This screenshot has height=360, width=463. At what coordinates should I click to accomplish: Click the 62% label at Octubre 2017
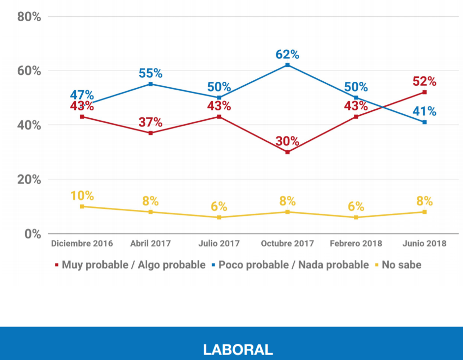coord(287,55)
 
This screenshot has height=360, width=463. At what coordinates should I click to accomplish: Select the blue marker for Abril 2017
coord(151,84)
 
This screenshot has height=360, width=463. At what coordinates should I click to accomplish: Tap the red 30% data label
coord(287,141)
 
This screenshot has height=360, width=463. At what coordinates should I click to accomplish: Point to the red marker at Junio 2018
coord(424,92)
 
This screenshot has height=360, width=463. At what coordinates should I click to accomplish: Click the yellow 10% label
coord(82,196)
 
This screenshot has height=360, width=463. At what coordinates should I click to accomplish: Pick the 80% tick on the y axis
coord(29,17)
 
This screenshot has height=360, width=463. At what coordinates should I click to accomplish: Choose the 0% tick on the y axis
coord(32,233)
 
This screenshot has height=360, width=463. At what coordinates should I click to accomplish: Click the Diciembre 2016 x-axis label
coord(82,244)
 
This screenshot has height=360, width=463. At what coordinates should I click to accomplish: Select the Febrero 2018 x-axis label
coord(356,244)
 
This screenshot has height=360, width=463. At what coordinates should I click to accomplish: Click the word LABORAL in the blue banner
coord(238,350)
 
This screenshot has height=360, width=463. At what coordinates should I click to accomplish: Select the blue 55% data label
coord(151,73)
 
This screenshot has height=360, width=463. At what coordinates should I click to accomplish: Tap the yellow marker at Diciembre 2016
coord(82,206)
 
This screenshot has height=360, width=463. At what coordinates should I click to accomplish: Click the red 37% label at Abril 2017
coord(151,122)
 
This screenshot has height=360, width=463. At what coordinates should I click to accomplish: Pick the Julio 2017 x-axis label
coord(219,244)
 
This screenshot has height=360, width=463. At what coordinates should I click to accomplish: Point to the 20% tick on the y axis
coord(29,179)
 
